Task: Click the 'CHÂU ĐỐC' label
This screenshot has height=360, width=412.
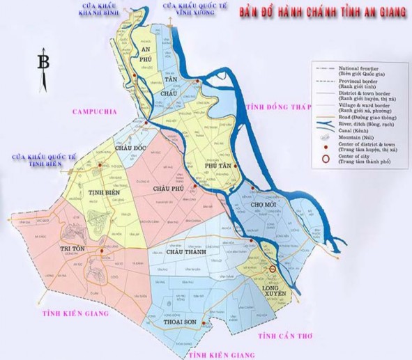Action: tap(132, 148)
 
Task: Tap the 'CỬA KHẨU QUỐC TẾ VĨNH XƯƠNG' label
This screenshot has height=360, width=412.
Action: tap(188, 9)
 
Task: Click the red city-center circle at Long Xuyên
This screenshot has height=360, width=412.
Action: tap(273, 269)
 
